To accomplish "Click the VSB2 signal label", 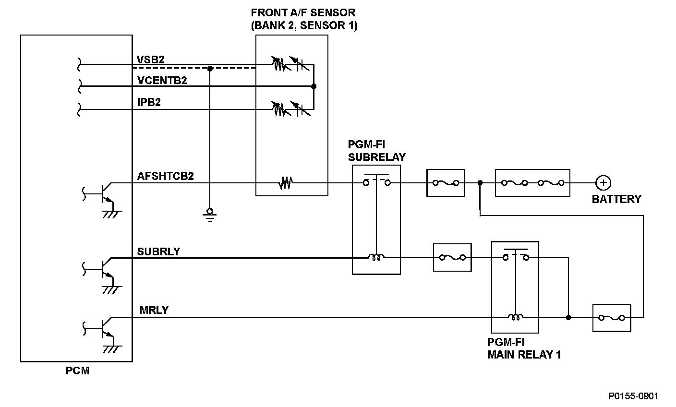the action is point(150,60).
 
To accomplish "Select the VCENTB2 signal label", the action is point(162,81).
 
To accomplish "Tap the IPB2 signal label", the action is point(149,102).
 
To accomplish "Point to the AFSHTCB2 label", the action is point(165,176).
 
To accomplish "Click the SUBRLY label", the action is point(158,251).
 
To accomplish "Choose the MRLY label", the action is point(154,310).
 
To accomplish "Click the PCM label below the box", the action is point(78,371).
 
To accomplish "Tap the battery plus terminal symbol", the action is point(603,183).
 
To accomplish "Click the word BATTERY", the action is point(616,200).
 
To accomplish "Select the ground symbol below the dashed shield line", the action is point(209,215).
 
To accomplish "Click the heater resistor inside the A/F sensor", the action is point(286,183).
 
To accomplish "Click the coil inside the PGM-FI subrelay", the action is point(376,257).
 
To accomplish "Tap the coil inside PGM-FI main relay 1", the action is point(516,317).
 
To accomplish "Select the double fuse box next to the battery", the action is point(532,183).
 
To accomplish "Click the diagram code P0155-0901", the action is point(633,396).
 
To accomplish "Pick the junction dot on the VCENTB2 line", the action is point(314,86).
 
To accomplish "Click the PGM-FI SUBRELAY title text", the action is point(376,151).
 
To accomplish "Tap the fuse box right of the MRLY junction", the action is point(612,318).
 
